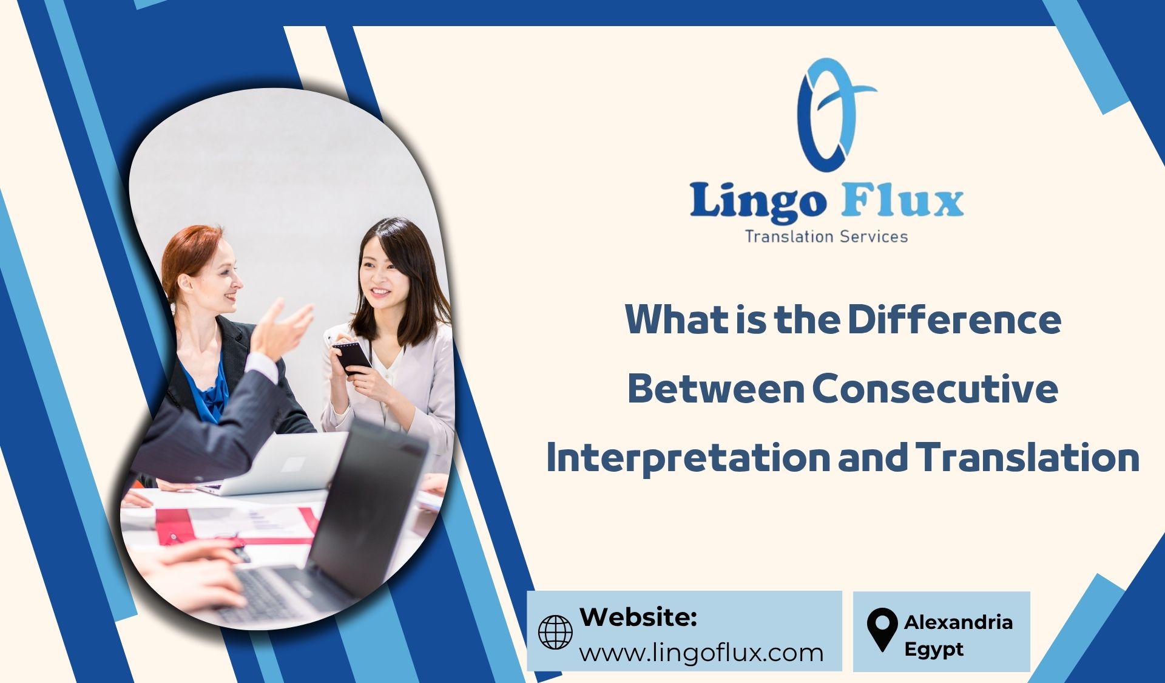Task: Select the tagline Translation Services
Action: click(x=826, y=236)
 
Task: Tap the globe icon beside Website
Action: click(x=555, y=632)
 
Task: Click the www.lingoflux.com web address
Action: click(x=701, y=653)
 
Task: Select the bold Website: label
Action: click(x=638, y=617)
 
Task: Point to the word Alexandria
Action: click(x=958, y=622)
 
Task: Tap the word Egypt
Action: click(x=934, y=650)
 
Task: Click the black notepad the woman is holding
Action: click(x=351, y=357)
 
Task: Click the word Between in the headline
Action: click(x=715, y=389)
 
